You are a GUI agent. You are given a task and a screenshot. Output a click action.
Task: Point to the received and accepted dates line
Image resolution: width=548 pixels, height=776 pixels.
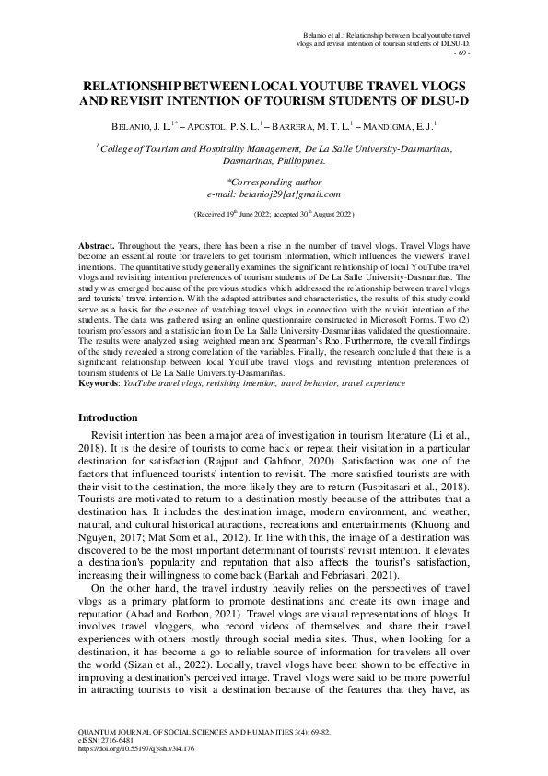[x=274, y=213]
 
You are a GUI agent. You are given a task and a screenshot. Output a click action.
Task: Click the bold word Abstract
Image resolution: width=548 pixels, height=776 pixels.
[x=96, y=249]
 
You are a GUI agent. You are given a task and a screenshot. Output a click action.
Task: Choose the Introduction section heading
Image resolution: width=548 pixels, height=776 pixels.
[x=113, y=417]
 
